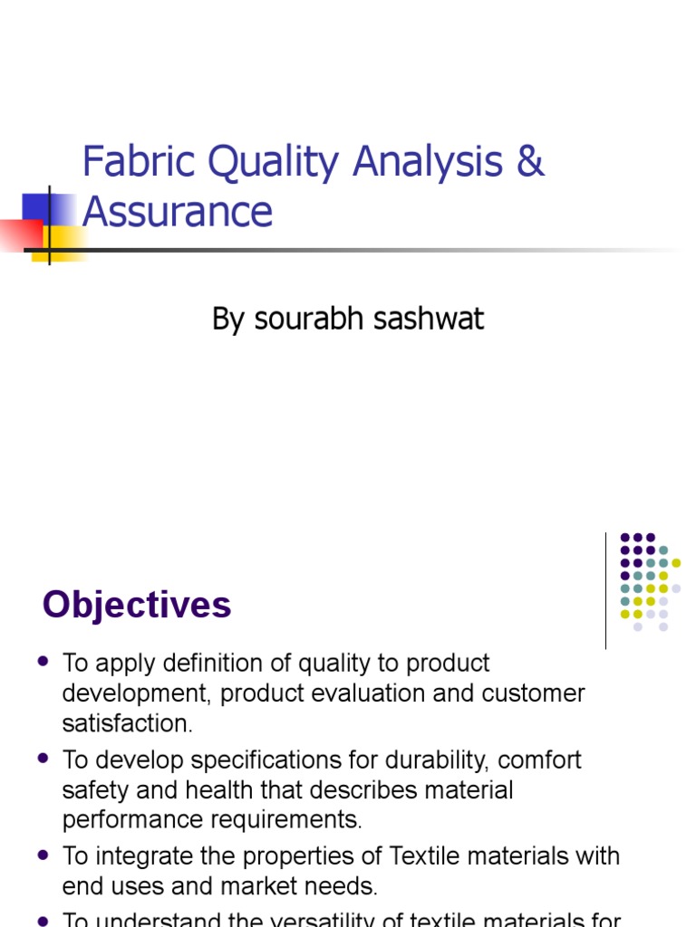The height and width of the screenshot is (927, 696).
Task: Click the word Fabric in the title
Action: tap(137, 162)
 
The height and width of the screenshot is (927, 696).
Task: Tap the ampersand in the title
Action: tap(532, 162)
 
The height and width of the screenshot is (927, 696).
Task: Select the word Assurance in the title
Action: tap(178, 211)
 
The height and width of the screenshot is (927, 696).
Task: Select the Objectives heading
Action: tap(137, 605)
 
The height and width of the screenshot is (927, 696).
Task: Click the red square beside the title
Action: tap(20, 234)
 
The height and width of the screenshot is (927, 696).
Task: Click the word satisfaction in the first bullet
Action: tap(127, 723)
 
